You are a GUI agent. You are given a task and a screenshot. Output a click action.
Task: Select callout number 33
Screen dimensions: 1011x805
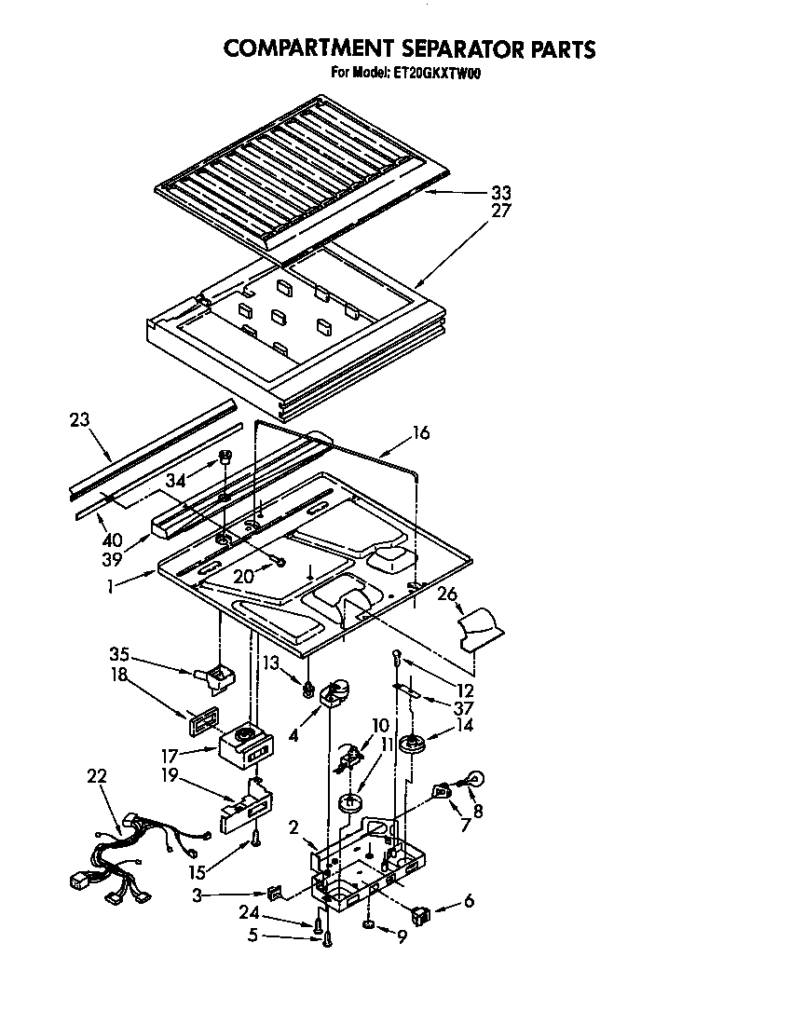pos(501,194)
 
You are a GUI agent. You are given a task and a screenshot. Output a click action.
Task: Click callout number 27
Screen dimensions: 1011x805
pos(501,211)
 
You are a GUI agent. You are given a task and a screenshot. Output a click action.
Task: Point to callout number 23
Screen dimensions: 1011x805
pos(80,419)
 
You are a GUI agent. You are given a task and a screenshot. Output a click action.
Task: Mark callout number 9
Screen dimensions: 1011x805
pos(402,938)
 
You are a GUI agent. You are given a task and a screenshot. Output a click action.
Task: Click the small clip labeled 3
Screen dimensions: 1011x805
pos(273,894)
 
